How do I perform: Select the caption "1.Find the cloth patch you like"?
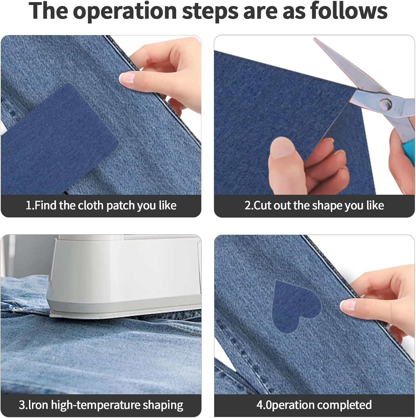(101, 205)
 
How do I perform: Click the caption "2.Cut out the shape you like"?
(314, 205)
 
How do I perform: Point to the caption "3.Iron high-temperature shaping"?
(101, 405)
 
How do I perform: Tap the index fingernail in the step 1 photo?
(127, 78)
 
